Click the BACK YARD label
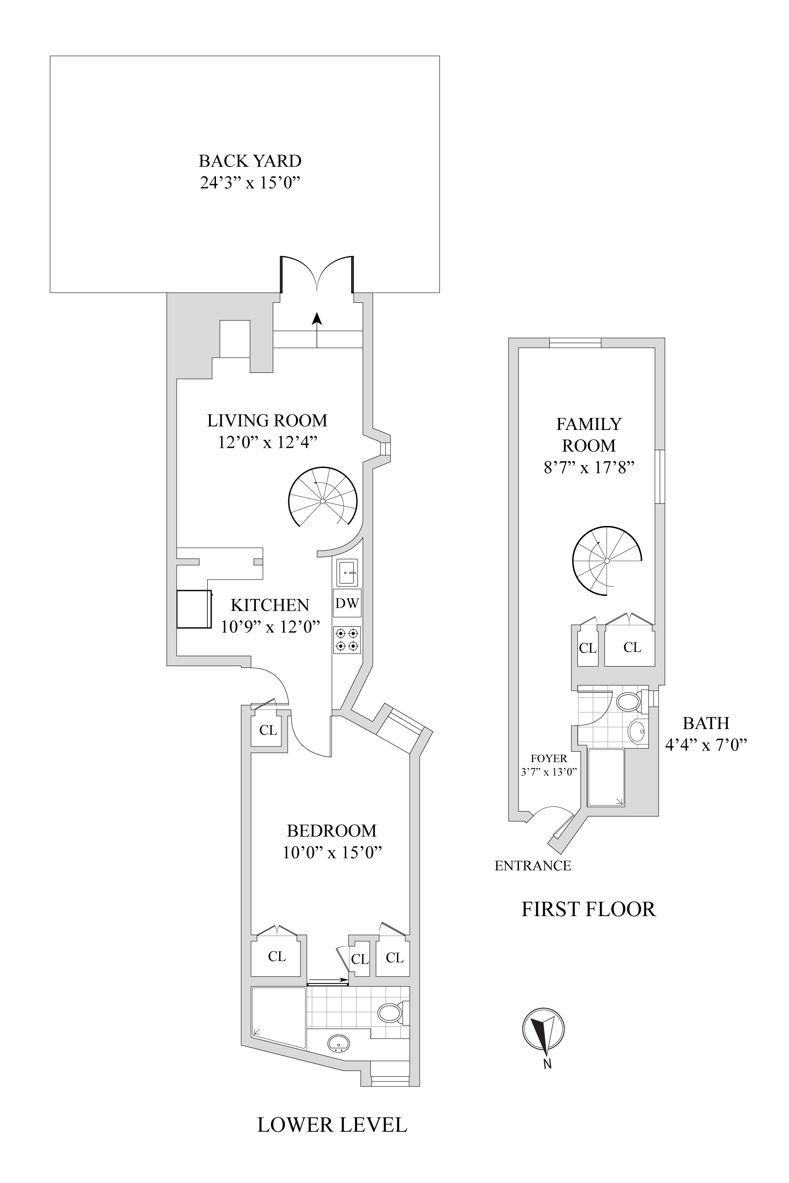[x=250, y=161]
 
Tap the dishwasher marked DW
[x=347, y=603]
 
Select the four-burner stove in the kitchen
[x=347, y=640]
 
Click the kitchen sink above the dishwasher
[x=347, y=573]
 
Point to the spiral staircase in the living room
[x=322, y=501]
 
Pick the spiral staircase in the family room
[x=607, y=561]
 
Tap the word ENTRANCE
[x=533, y=866]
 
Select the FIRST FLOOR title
[x=588, y=910]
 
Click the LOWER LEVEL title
[x=332, y=1124]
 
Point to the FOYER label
[x=549, y=759]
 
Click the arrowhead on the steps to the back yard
[x=316, y=318]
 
